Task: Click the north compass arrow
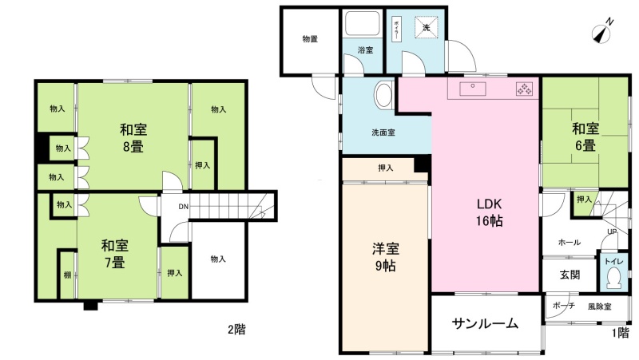(x=602, y=32)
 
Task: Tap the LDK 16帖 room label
(x=490, y=212)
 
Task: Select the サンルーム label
(x=485, y=324)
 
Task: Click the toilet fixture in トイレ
(x=613, y=279)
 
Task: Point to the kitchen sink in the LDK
(x=473, y=89)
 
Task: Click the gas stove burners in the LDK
(x=524, y=89)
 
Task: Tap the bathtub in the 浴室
(x=363, y=24)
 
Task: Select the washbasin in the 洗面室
(x=383, y=95)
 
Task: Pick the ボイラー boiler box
(x=395, y=29)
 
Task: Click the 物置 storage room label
(x=310, y=39)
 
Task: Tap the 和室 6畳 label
(x=585, y=136)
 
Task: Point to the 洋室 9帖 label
(x=385, y=257)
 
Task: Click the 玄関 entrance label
(x=570, y=275)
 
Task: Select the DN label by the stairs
(x=184, y=207)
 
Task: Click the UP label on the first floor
(x=612, y=231)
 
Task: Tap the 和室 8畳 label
(x=133, y=138)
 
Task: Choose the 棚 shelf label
(x=67, y=275)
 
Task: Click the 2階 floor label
(x=236, y=329)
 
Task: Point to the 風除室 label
(x=600, y=307)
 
